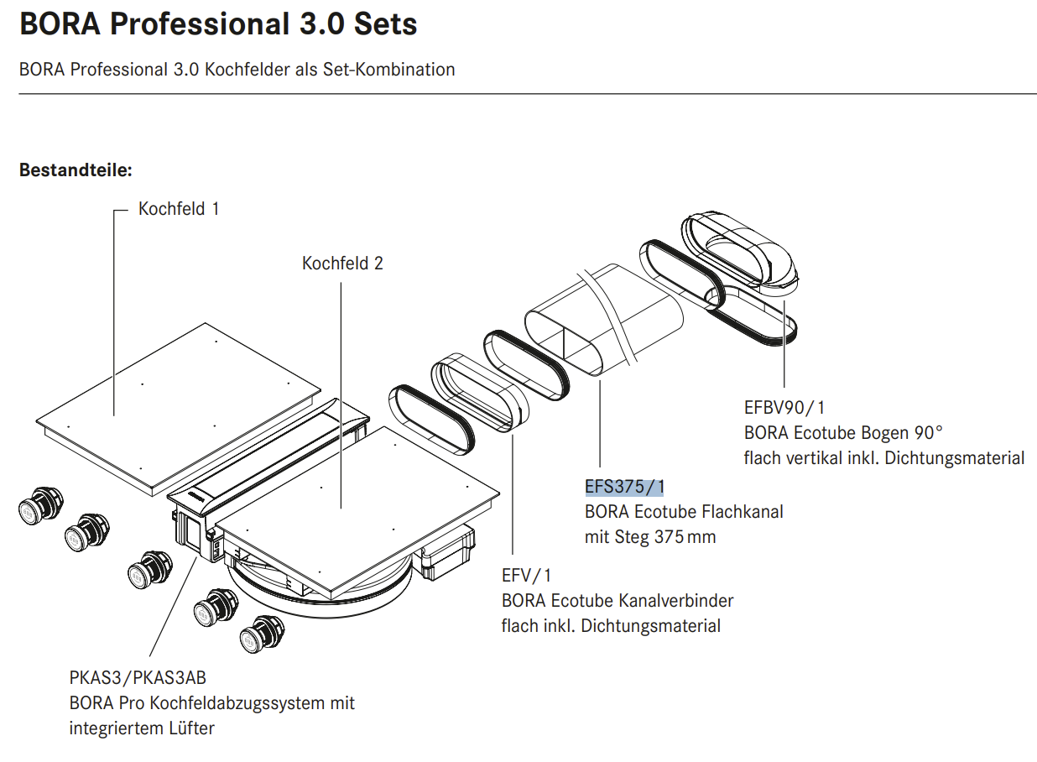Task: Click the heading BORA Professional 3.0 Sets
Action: [218, 23]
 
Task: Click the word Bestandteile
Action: [76, 170]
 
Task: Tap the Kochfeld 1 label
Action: [179, 209]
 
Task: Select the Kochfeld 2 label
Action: [342, 264]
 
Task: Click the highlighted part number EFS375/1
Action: [624, 487]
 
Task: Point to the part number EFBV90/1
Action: [784, 408]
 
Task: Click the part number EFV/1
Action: [527, 576]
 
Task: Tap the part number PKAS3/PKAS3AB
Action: [138, 678]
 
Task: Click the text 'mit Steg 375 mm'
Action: [650, 537]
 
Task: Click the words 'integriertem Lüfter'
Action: [142, 728]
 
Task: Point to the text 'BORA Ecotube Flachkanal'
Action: [684, 512]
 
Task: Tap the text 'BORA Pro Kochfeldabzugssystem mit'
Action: [211, 703]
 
